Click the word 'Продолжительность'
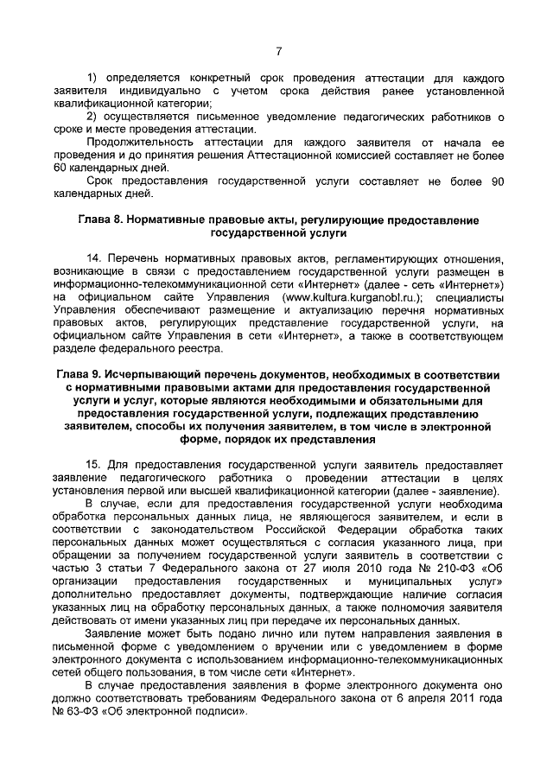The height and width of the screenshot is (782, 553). click(139, 142)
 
